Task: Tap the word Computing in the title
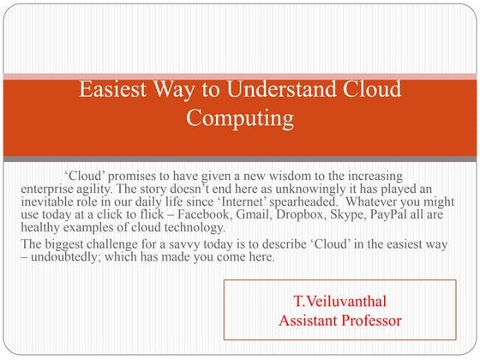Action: tap(240, 117)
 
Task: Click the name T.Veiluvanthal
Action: tap(341, 303)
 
